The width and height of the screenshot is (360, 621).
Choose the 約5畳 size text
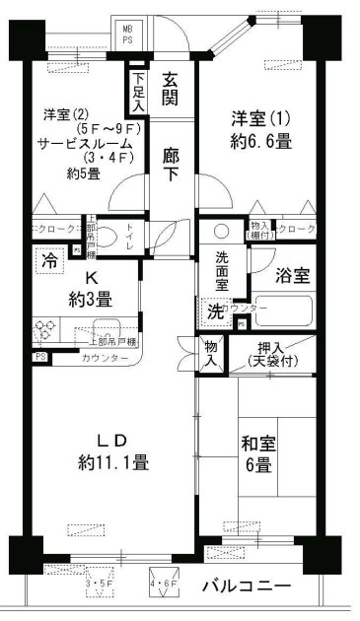[x=84, y=174]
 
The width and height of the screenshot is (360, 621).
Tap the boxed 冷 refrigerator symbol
[x=48, y=261]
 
